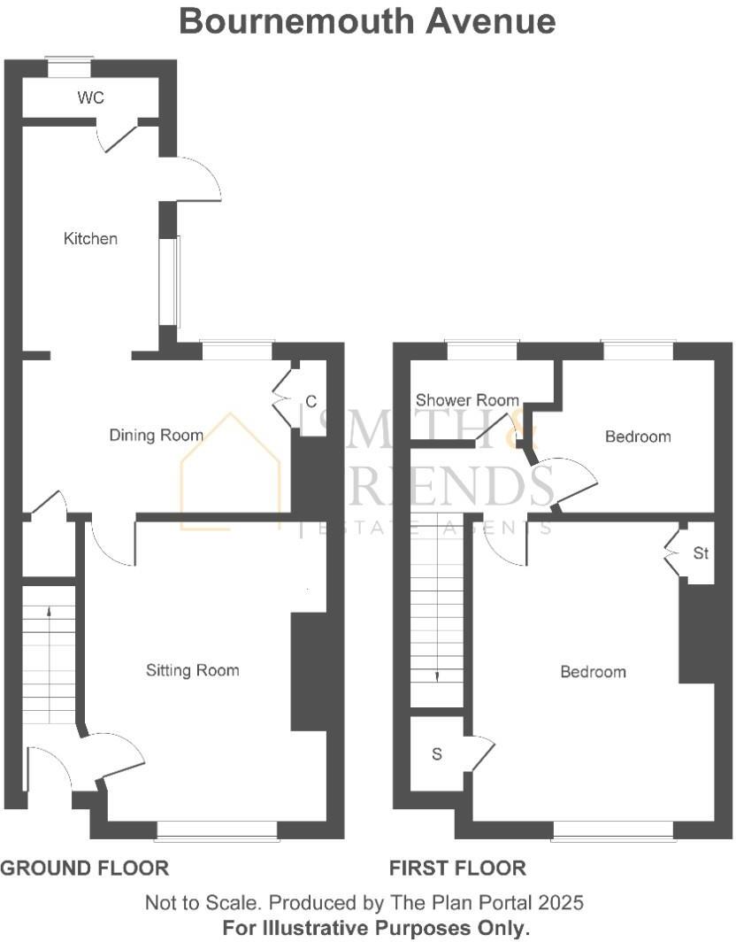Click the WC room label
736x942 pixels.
[x=91, y=98]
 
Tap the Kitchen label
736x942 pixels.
[x=90, y=238]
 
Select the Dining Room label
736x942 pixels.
[x=156, y=435]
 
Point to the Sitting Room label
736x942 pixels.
[x=192, y=670]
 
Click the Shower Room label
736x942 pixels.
[x=467, y=400]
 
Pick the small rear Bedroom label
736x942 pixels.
[x=638, y=436]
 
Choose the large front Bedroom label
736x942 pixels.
[x=593, y=672]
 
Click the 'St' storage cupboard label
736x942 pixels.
[x=701, y=554]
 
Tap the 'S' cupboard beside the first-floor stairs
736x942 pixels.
[x=436, y=754]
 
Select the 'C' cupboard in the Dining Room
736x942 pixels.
[x=311, y=402]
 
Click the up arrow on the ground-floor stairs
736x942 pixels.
[x=48, y=613]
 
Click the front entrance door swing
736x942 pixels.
[x=51, y=767]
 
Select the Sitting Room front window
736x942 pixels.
[x=217, y=830]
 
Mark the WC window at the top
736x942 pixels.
[x=69, y=61]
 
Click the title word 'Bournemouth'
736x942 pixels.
[x=296, y=20]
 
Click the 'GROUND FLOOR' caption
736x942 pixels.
[x=84, y=869]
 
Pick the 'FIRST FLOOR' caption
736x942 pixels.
[x=457, y=869]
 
